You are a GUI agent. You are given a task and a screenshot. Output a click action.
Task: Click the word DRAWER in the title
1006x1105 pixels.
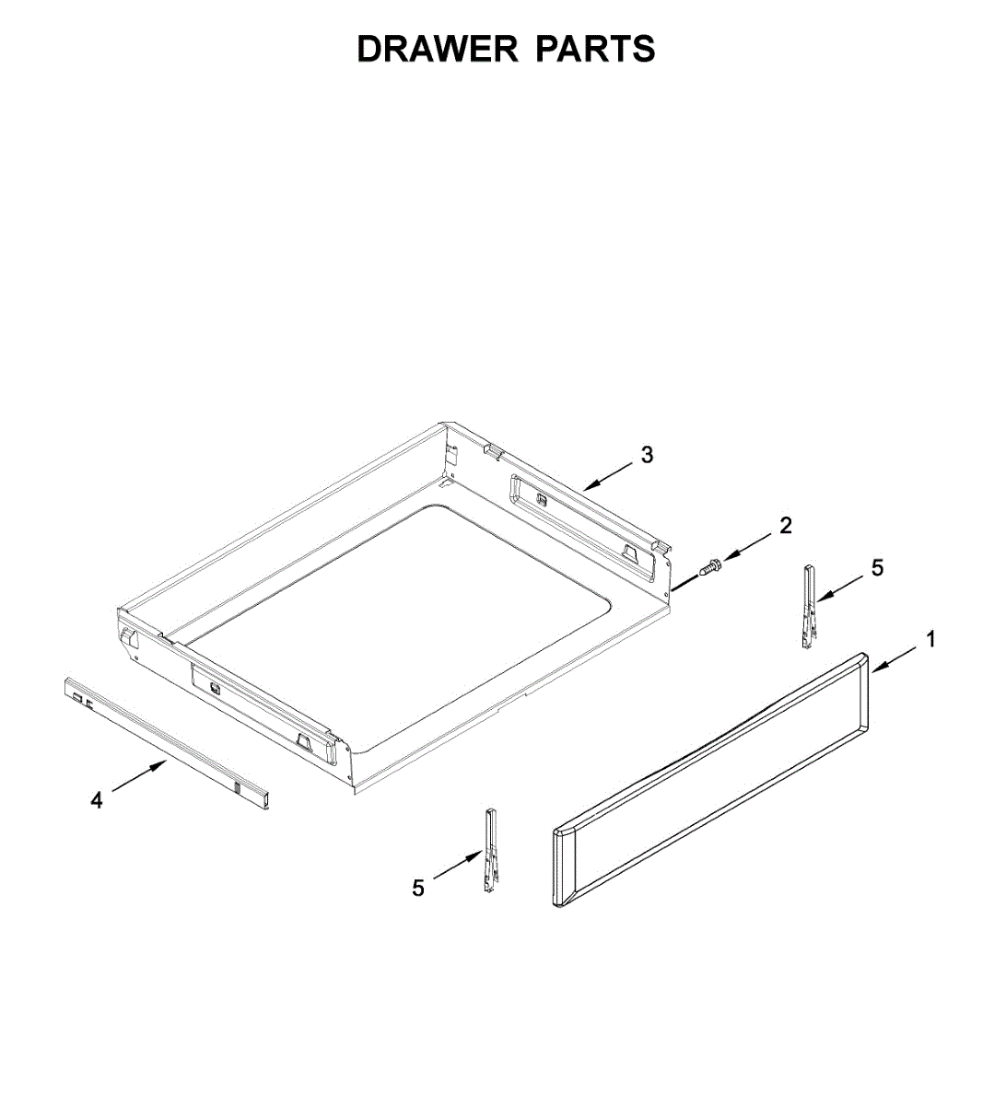(439, 50)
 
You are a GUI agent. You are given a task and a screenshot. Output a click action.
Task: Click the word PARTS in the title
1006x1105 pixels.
(595, 50)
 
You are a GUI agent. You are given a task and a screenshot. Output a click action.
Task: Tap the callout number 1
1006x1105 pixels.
(931, 639)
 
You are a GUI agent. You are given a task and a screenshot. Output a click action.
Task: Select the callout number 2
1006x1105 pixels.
(785, 526)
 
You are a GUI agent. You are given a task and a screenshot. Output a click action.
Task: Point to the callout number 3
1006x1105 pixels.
(647, 455)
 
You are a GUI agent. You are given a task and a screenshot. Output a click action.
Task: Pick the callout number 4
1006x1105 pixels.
(98, 801)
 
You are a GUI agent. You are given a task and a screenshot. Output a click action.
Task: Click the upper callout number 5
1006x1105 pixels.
(877, 568)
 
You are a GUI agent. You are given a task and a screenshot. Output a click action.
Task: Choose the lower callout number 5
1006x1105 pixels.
(418, 889)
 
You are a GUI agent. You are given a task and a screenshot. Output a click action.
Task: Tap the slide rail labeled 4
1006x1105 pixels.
(166, 741)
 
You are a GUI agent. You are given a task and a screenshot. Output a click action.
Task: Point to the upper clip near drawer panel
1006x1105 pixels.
(809, 609)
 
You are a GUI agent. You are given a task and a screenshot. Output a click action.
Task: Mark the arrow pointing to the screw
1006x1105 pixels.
(748, 547)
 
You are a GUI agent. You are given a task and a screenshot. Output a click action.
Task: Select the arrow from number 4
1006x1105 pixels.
(138, 777)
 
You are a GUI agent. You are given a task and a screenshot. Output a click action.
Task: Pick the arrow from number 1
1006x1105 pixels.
(894, 659)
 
